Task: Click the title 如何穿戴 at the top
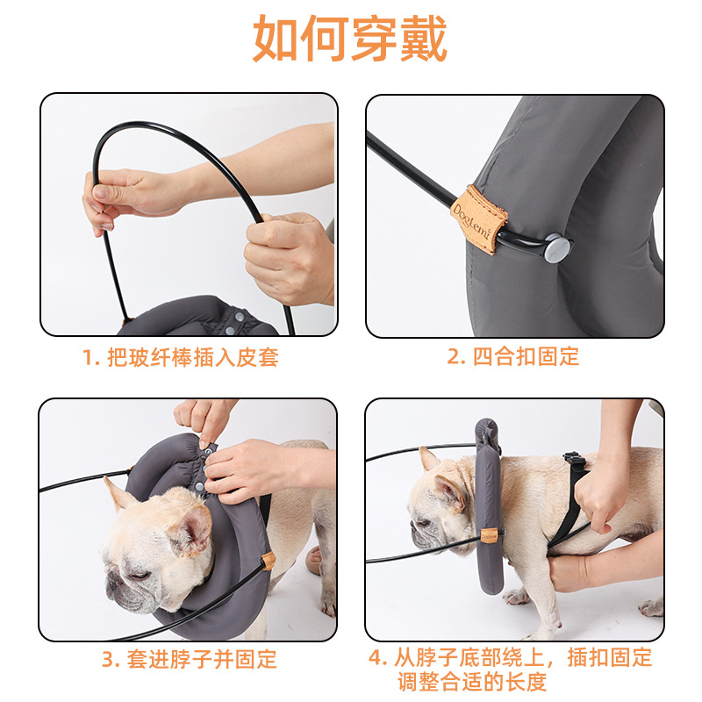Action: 350,39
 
